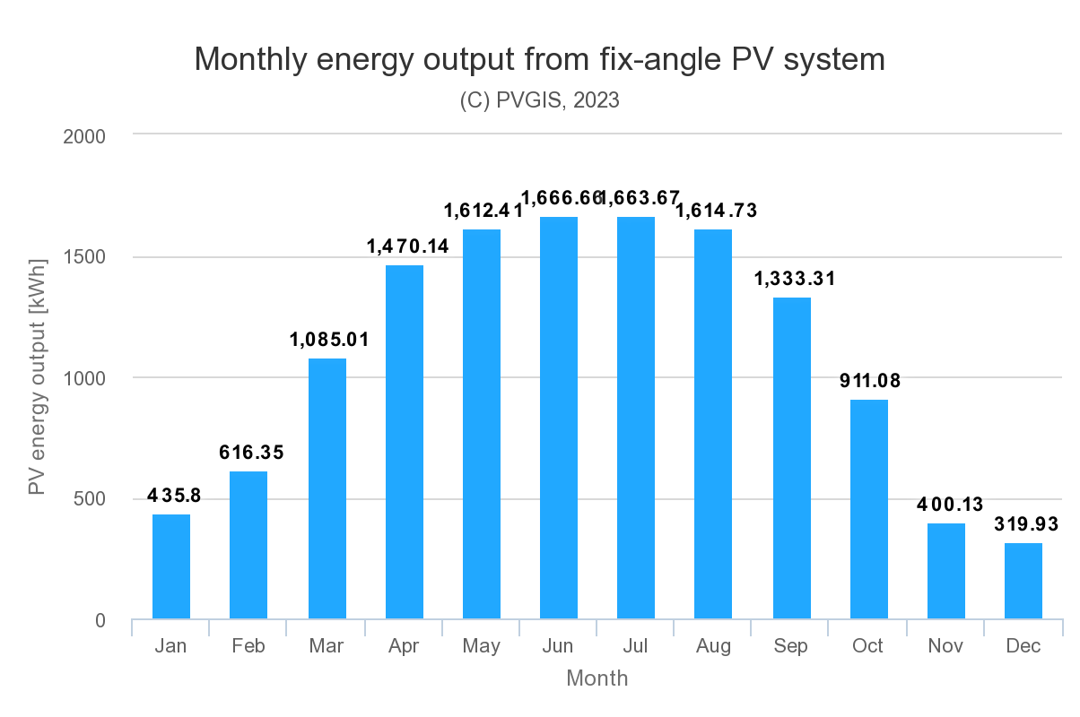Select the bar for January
pos(171,566)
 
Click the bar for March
pos(327,488)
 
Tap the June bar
pos(559,418)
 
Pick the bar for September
pos(791,458)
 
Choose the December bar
pos(1023,581)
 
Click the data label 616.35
pos(251,453)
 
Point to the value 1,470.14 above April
pos(407,246)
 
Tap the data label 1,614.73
pos(716,212)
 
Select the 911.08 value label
pos(870,381)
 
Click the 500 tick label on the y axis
pos(89,499)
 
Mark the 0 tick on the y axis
pos(99,620)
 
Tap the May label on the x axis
pos(482,646)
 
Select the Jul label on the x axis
pos(636,646)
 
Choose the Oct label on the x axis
pos(868,646)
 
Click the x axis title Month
pos(597,678)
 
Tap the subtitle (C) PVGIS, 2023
pos(539,100)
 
